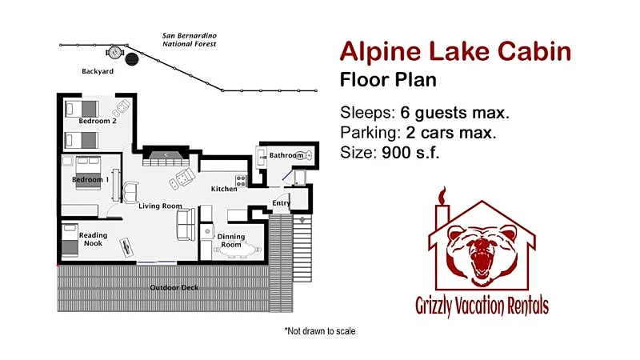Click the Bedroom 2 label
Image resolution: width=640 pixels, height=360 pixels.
98,121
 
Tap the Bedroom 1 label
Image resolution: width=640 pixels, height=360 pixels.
90,179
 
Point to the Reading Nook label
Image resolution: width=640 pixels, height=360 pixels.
93,239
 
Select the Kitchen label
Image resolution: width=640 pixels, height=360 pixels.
224,189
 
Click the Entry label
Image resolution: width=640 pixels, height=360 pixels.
281,203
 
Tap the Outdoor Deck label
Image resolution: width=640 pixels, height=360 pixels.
174,287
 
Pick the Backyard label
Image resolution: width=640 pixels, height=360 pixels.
98,71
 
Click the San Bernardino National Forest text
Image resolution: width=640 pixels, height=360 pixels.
190,39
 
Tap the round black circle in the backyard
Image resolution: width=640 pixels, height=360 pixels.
132,59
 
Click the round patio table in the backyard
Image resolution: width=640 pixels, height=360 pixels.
114,52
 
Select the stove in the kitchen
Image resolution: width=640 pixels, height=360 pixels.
241,181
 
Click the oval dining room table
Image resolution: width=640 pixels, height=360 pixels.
239,250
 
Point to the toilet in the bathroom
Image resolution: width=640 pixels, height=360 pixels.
304,155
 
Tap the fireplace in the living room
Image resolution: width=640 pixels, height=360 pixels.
166,156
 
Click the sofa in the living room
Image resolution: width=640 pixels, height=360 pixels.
186,225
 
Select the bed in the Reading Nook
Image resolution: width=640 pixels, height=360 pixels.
70,240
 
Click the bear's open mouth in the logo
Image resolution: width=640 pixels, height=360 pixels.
482,262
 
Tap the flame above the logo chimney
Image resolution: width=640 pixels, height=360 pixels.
442,195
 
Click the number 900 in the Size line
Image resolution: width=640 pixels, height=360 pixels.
396,152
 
